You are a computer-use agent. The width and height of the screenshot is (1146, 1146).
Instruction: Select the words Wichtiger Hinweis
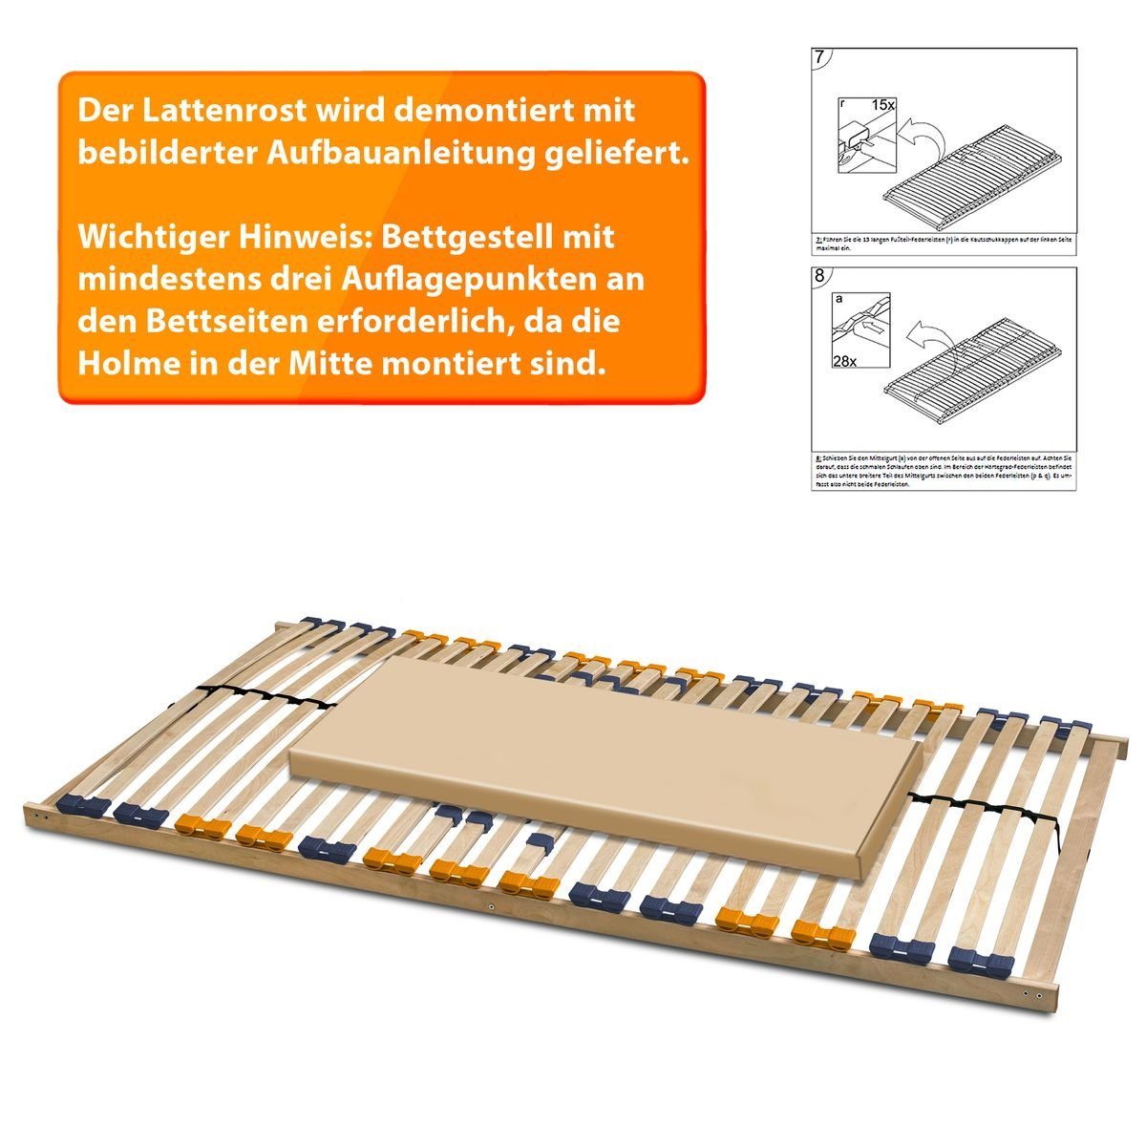tap(223, 235)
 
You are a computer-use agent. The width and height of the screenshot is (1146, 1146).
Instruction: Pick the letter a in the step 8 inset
tap(838, 299)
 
